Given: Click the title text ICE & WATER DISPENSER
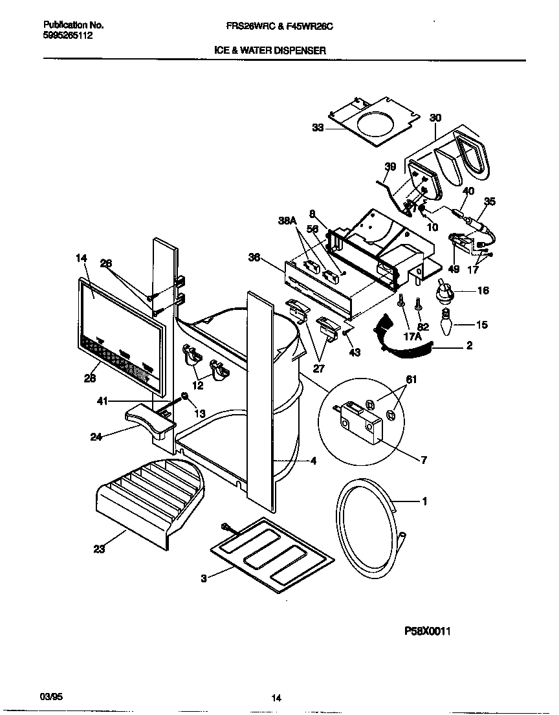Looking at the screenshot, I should tap(270, 50).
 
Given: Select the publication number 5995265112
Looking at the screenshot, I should tap(68, 36).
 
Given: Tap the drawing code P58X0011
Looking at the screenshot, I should tap(426, 632).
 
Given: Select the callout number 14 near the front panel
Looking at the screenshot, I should tap(81, 258).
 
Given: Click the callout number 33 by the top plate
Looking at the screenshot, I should tap(317, 127).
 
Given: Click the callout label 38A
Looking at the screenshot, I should tap(287, 221).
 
